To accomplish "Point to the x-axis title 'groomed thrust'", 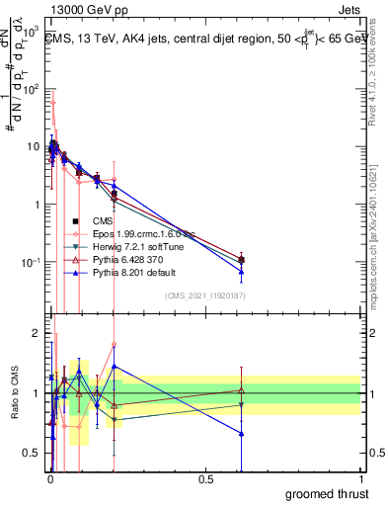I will tap(327, 492).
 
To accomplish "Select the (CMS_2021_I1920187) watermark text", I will tap(206, 295).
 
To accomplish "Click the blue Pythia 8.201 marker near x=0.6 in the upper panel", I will tap(241, 271).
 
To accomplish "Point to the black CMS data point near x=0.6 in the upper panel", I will tap(241, 260).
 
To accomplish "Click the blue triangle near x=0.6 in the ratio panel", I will tap(241, 433).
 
